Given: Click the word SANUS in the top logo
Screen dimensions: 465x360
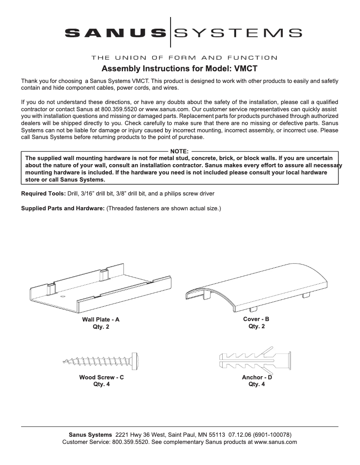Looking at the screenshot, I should (115, 32).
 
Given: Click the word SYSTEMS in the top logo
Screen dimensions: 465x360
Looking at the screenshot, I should (237, 32).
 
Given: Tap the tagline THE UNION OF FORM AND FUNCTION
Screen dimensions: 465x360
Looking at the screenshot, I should (184, 57).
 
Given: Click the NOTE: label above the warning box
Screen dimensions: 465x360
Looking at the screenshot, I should (180, 152).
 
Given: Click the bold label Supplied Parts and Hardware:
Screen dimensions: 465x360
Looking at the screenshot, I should (63, 209).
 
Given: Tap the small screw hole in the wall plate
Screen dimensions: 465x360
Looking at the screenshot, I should (62, 296).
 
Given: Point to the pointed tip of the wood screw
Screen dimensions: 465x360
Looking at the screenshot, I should (64, 359).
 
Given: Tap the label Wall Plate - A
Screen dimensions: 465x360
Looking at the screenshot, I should (101, 320).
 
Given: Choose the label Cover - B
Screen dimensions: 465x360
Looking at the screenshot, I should (256, 319).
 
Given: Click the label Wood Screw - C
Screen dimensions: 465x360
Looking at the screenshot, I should (101, 378).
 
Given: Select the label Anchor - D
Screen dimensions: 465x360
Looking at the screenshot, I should (257, 378).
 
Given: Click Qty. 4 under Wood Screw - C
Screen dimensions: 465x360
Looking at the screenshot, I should (101, 384).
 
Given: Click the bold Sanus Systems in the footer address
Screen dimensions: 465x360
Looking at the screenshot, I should (90, 435).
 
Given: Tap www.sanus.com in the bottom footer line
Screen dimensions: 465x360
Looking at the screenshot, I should (276, 442).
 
